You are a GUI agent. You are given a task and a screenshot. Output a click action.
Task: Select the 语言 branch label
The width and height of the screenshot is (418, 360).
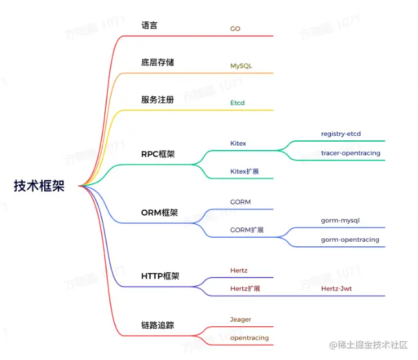point(149,26)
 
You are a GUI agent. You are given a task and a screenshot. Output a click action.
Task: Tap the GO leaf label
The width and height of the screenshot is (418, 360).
point(235,29)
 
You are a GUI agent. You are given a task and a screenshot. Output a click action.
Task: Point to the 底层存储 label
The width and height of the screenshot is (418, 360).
point(157,63)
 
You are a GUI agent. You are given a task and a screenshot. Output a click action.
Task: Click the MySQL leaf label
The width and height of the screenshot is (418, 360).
point(240,66)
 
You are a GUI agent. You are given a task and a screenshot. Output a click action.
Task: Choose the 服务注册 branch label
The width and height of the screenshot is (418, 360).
point(157,100)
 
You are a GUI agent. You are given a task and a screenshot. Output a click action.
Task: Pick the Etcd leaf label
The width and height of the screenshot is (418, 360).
point(237,103)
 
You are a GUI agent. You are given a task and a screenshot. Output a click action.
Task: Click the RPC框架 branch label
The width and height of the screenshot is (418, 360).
point(158,155)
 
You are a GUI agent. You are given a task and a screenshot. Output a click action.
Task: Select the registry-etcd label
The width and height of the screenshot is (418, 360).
point(341,134)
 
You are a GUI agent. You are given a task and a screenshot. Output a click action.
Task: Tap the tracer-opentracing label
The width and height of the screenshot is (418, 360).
point(350,153)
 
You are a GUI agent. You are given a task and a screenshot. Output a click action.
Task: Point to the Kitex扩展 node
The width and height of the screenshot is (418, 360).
point(245,172)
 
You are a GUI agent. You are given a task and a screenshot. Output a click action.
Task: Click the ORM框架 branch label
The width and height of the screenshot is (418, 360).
point(159,212)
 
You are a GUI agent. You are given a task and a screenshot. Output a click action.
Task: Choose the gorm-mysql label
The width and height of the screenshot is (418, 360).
point(341,221)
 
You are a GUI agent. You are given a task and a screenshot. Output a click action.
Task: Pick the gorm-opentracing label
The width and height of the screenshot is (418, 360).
point(350,240)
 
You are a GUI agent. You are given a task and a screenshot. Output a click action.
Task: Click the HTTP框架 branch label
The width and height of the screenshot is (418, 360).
point(160,276)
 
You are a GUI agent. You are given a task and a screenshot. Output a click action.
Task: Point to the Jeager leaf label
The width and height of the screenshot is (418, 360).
point(240,320)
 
